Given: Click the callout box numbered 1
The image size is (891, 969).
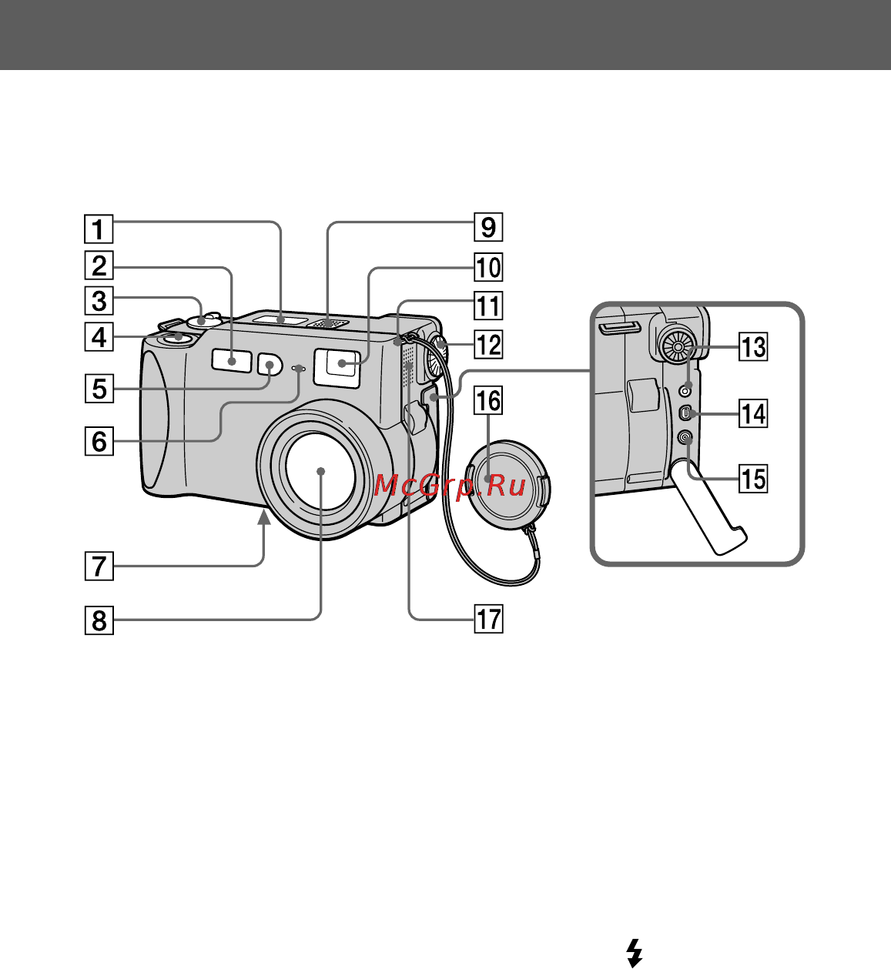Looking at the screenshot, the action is (x=99, y=229).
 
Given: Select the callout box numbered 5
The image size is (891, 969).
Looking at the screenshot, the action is (x=99, y=389).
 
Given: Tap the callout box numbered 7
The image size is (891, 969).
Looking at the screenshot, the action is (x=99, y=566).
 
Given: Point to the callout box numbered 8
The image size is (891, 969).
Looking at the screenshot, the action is (x=99, y=620).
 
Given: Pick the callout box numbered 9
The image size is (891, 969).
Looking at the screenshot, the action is (x=488, y=226).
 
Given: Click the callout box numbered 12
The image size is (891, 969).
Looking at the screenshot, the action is (x=488, y=344).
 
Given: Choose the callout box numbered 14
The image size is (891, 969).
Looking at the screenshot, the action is (x=753, y=413).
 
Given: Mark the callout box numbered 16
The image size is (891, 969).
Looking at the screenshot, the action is (x=488, y=400).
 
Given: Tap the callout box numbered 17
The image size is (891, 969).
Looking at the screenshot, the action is (x=488, y=619).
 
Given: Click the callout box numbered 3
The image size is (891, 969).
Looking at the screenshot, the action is (x=99, y=300).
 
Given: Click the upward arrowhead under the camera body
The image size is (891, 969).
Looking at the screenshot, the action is (x=263, y=518).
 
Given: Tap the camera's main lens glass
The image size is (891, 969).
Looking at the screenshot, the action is (x=320, y=472).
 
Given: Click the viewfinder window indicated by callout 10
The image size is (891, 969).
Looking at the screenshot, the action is (x=341, y=363).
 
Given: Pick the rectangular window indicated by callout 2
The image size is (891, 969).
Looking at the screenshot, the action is (x=232, y=361).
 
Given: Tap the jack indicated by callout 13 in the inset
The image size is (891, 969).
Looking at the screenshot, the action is (x=685, y=389).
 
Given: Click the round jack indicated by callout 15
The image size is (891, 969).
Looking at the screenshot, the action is (x=685, y=439).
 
